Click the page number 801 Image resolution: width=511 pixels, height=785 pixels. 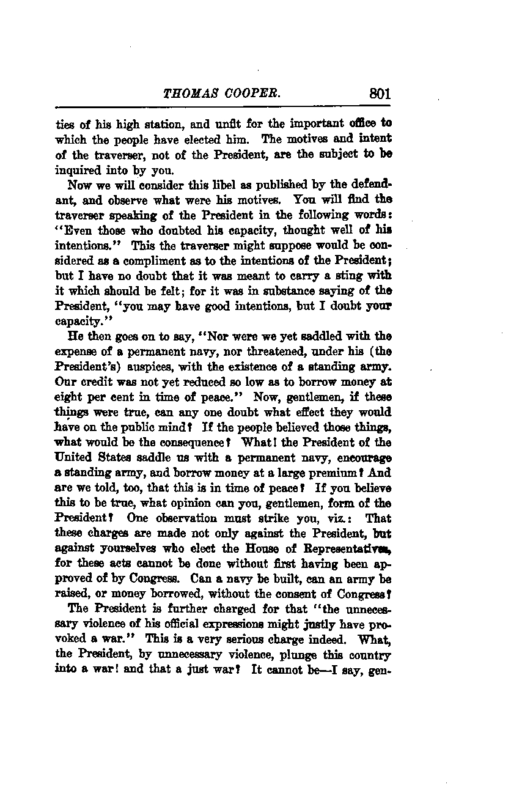[379, 94]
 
